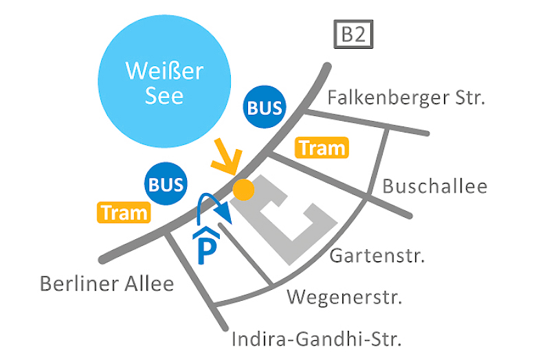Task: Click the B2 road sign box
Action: tap(353, 35)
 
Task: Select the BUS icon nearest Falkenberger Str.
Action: tap(265, 107)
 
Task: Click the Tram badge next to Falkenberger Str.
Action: tap(322, 148)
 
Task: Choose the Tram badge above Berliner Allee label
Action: tap(124, 212)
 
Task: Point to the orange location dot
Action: tap(242, 189)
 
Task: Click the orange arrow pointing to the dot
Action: tap(225, 159)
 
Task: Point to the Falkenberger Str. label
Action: tap(406, 98)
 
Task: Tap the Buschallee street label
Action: tap(434, 186)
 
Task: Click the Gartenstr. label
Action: tap(377, 256)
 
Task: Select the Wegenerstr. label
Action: tap(344, 297)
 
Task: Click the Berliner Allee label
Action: tap(107, 283)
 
